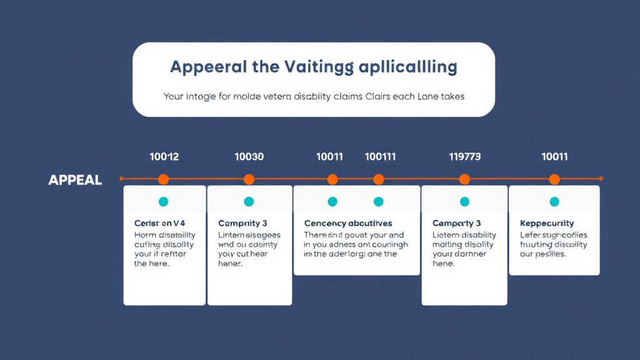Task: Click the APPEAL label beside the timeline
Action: [75, 180]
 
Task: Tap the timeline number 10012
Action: [164, 156]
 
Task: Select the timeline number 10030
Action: [249, 156]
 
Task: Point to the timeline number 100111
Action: [380, 156]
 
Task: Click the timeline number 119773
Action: [465, 156]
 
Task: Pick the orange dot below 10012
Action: [164, 179]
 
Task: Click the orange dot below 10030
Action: [249, 179]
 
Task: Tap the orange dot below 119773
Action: [464, 179]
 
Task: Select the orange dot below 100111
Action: [379, 179]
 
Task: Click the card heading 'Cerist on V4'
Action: [160, 223]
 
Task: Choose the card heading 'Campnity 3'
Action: [242, 223]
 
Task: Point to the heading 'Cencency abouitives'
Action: [348, 223]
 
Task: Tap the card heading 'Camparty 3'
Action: [457, 223]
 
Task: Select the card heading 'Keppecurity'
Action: [547, 223]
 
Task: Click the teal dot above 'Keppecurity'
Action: [554, 201]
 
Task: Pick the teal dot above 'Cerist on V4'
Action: [164, 201]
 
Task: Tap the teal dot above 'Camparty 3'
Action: [464, 201]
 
